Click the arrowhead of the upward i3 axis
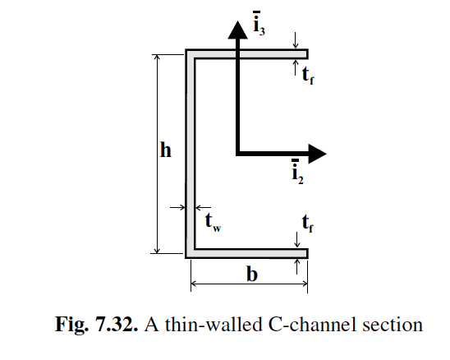coord(236,29)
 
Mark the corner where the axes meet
coord(237,153)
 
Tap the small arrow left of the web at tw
coord(176,208)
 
